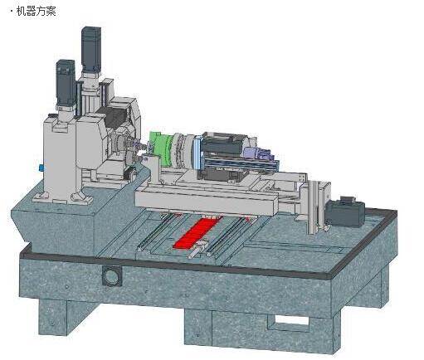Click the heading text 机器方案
point(37,12)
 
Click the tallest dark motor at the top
point(91,50)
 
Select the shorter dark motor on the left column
point(66,83)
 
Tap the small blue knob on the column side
point(41,168)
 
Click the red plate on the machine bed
point(197,232)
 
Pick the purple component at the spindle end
point(258,153)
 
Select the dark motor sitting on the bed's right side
point(345,212)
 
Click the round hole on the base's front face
point(111,276)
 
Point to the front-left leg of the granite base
point(55,316)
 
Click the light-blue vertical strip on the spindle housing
point(197,153)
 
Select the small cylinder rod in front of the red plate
point(197,250)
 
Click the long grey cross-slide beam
point(206,202)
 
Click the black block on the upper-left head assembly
point(114,118)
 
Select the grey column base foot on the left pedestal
point(81,197)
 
